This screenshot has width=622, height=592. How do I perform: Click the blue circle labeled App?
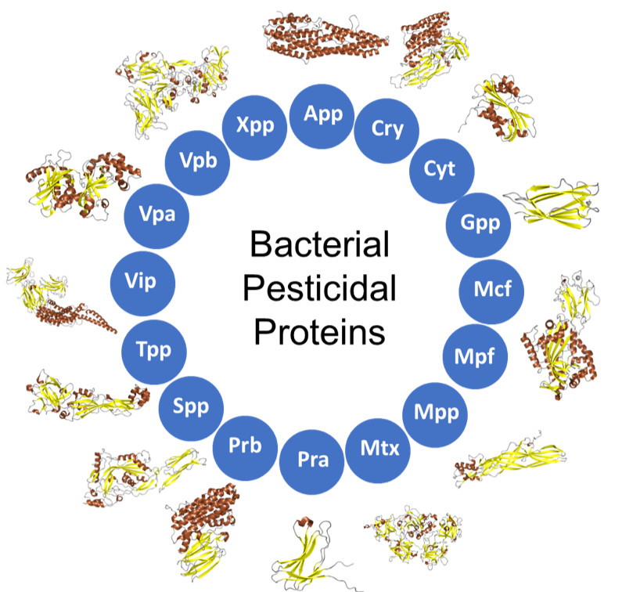[323, 114]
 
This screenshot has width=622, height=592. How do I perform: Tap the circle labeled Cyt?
[438, 168]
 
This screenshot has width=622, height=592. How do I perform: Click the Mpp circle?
[436, 410]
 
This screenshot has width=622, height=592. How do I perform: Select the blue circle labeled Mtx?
[379, 449]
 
